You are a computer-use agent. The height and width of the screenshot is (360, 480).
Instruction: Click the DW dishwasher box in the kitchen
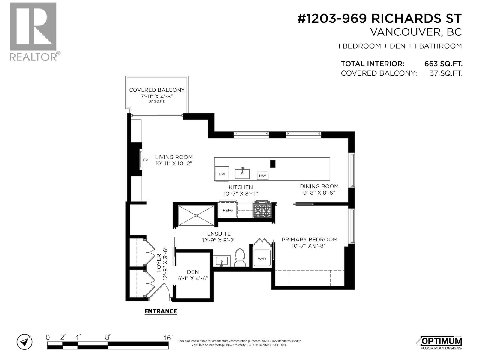pos(222,174)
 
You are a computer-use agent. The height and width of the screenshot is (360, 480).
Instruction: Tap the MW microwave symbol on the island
pos(262,176)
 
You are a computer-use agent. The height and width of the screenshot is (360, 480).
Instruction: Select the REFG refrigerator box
pos(228,210)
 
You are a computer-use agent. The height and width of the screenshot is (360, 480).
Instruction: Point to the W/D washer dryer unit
pos(262,259)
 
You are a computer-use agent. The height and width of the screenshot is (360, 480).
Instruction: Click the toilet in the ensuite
pos(239,258)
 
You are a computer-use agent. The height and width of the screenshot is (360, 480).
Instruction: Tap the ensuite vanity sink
pos(222,261)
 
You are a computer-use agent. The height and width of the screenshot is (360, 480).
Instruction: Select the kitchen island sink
pos(242,173)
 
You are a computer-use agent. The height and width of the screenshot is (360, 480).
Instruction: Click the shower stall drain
pos(196,215)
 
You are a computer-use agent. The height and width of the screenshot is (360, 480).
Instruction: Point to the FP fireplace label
pos(145,160)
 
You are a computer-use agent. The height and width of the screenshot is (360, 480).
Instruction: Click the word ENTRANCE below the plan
pos(160,311)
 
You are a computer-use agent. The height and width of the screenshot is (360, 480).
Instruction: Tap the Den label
pos(193,272)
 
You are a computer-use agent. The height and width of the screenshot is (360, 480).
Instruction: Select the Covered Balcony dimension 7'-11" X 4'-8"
pos(157,96)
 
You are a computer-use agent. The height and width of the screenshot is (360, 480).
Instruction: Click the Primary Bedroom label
pos(309,239)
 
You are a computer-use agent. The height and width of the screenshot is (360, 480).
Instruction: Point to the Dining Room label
pos(319,186)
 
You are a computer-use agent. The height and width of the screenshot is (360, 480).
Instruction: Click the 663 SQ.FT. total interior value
pos(443,64)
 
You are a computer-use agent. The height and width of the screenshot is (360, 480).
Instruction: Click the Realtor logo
pos(34,31)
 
